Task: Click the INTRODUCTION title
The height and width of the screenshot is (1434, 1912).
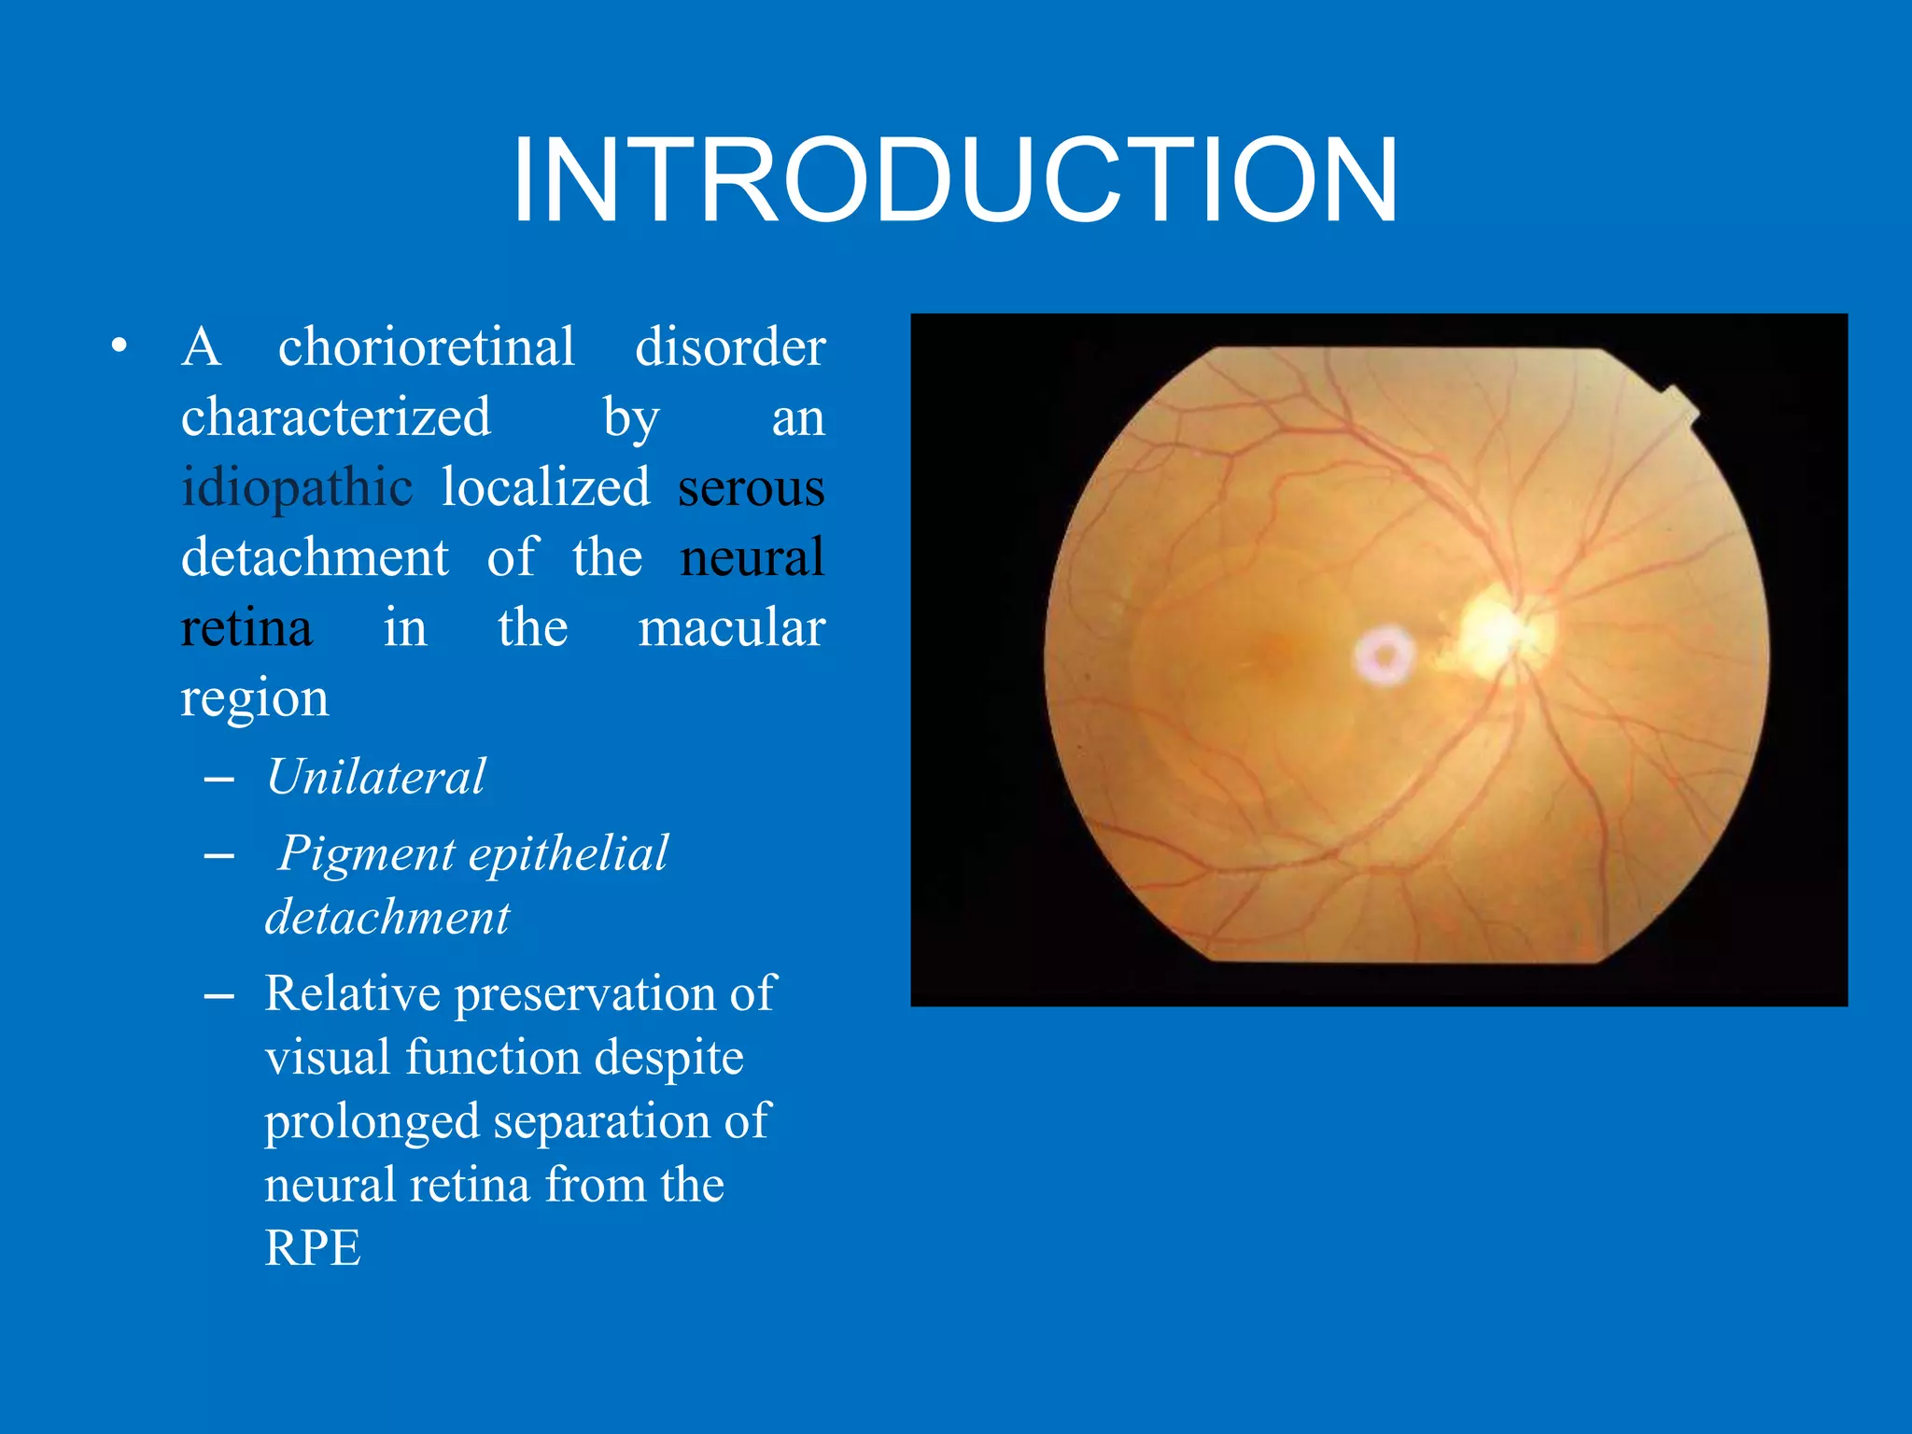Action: coord(954,180)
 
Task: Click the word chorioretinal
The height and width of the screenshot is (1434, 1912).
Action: coord(426,347)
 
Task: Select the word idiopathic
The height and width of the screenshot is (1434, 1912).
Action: coord(297,487)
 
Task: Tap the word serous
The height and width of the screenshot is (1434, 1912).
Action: coord(751,487)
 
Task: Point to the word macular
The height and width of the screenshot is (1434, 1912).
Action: coord(731,627)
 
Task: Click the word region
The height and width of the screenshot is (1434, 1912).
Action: coord(254,698)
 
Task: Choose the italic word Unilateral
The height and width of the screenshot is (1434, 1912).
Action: coord(375,777)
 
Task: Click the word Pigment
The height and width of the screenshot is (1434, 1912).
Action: coord(366,853)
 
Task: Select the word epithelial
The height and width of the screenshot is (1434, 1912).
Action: coord(569,853)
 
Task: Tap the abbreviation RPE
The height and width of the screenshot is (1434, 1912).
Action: coord(312,1247)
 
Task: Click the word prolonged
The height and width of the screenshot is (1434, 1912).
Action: coord(372,1121)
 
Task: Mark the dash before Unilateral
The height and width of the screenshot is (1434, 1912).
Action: coord(218,779)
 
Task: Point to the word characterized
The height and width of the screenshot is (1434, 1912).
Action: coord(335,417)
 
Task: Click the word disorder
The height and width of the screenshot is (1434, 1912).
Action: coord(729,347)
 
